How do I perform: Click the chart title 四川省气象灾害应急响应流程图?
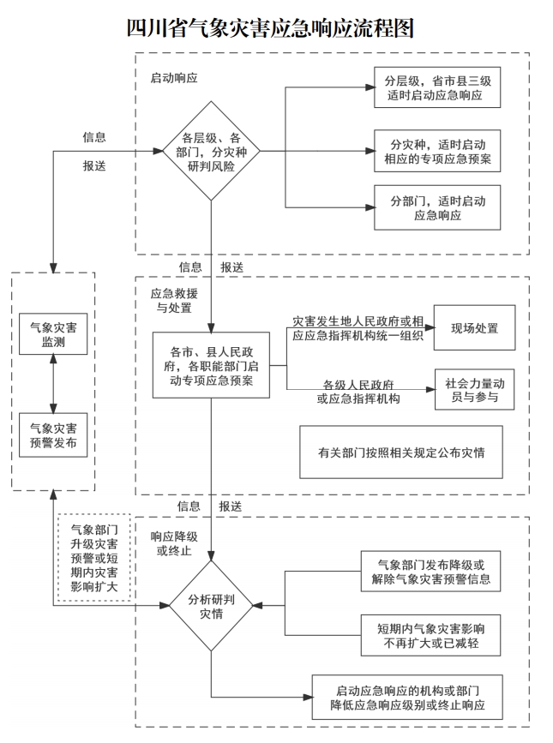coord(269,27)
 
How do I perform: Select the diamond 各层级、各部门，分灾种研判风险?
coord(211,151)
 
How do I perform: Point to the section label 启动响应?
coord(174,78)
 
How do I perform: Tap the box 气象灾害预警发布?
coord(53,434)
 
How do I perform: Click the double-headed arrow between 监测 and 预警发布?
coord(53,385)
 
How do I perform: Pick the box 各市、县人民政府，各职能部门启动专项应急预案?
coord(211,364)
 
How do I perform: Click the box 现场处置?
coord(475,328)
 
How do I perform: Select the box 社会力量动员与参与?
coord(475,391)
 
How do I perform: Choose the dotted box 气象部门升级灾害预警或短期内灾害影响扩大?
coord(94,558)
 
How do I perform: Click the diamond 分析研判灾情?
coord(211,605)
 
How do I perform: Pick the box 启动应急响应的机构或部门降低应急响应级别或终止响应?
coord(406,698)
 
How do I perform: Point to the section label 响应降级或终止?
coord(174,543)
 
